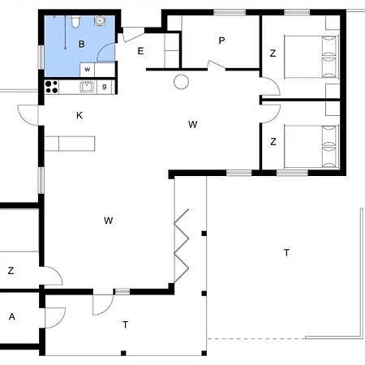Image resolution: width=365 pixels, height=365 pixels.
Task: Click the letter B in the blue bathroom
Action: click(x=81, y=44)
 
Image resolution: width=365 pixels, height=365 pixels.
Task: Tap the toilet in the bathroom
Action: click(x=75, y=21)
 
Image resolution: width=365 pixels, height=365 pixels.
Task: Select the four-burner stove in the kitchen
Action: click(x=51, y=87)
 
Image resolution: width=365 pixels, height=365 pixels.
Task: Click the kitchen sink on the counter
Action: click(x=87, y=87)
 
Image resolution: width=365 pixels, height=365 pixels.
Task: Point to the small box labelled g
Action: click(x=105, y=87)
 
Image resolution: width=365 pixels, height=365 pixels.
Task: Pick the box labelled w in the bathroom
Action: click(x=87, y=70)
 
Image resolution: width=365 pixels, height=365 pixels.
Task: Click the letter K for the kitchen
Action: click(x=79, y=115)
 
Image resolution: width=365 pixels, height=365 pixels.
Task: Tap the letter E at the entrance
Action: click(x=140, y=51)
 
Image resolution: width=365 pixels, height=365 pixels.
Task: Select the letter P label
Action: click(x=221, y=41)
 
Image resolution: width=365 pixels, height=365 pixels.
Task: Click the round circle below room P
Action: click(x=181, y=82)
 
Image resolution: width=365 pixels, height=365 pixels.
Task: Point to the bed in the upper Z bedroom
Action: click(x=311, y=57)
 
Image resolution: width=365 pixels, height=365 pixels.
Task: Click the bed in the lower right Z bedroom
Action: click(x=311, y=147)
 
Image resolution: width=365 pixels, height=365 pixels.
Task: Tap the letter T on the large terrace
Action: click(x=286, y=253)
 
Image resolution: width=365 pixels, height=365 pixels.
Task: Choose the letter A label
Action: click(x=11, y=316)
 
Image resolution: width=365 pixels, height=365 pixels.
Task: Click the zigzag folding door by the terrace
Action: click(x=181, y=245)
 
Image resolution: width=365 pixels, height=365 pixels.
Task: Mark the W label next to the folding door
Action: click(x=108, y=221)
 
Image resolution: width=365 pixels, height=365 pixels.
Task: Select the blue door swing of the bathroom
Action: click(x=106, y=52)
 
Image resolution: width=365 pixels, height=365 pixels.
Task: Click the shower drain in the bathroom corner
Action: click(x=100, y=21)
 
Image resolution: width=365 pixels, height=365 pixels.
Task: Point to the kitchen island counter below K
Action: click(x=70, y=144)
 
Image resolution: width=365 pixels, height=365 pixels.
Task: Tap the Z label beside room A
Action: click(x=11, y=270)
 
